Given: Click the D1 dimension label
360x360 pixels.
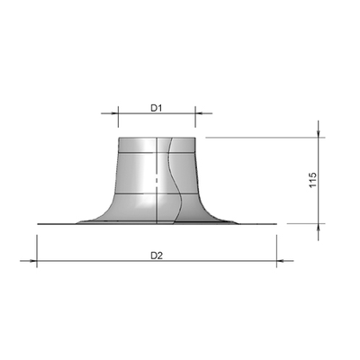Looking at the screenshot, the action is tap(156, 108).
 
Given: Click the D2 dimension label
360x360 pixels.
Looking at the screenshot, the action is tap(157, 256).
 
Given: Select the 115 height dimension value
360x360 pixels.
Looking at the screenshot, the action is tap(312, 180).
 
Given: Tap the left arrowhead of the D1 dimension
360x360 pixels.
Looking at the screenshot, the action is tap(115, 113).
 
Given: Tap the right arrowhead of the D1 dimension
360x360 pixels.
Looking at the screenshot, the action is tap(199, 113).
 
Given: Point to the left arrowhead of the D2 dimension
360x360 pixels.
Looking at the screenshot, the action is tap(33, 261).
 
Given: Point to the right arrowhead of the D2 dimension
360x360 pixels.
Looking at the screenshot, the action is tap(280, 261).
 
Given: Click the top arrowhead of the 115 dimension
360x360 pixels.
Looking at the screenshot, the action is tap(319, 134).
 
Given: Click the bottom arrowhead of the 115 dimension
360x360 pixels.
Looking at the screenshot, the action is tap(319, 228).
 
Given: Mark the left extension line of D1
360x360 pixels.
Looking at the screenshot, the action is tap(118, 117).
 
